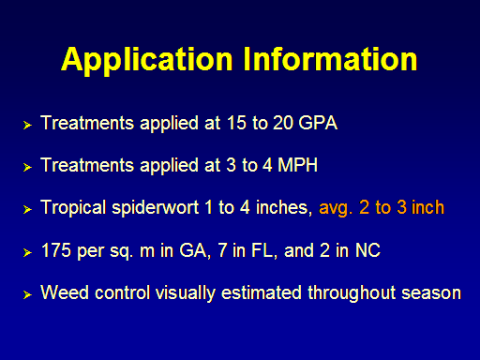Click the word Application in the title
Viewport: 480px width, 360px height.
coord(147,61)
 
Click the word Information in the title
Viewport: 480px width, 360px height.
coord(330,58)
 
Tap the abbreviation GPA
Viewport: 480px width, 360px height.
coord(318,123)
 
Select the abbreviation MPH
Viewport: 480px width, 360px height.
coord(297,165)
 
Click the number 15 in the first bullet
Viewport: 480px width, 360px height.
coord(236,123)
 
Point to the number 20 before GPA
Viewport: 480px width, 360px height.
coord(283,123)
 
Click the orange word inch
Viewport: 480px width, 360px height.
coord(427,207)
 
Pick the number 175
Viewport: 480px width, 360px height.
coord(56,250)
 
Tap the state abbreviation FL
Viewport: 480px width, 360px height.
coord(264,251)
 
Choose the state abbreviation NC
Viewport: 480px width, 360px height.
coord(367,250)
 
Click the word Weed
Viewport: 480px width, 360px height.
coord(65,292)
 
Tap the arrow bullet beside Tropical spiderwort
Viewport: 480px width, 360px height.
coord(27,209)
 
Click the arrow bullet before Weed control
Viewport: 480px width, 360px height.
coord(27,294)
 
